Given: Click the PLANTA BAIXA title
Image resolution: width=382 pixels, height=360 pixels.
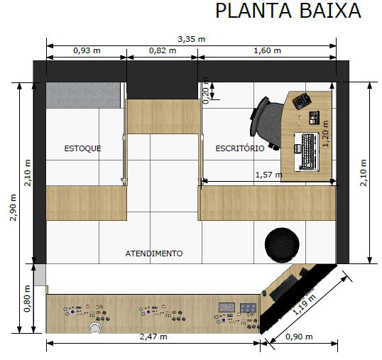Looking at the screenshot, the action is click(288, 11).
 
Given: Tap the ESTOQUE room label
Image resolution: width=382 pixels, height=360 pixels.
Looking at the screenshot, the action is click(82, 148).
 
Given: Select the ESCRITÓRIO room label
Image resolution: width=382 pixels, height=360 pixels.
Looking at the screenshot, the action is click(240, 148).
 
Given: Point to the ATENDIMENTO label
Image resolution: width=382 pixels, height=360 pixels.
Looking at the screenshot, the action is click(154, 253).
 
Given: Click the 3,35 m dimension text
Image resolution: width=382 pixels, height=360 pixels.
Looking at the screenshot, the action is click(192, 39).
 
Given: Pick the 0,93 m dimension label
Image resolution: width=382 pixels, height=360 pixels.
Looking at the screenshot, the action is click(87, 50).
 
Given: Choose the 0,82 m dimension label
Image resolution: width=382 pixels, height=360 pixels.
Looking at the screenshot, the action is click(163, 50).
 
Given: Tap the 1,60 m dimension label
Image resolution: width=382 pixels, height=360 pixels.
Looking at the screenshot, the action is click(267, 50).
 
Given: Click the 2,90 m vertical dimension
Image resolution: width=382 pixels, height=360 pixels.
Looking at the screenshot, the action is click(13, 207).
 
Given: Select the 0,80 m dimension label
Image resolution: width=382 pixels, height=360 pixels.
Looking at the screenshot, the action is click(27, 298).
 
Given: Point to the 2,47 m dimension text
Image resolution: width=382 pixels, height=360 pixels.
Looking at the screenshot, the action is click(153, 337).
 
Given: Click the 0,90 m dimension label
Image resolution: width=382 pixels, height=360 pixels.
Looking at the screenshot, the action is click(299, 337).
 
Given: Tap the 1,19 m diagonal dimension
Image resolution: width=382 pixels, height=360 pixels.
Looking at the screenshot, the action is click(304, 305).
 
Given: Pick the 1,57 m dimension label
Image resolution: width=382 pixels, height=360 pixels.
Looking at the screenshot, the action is click(269, 175).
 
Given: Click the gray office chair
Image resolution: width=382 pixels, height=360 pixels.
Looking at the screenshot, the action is click(267, 123).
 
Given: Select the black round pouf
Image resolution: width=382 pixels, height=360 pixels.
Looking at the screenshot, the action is click(282, 245).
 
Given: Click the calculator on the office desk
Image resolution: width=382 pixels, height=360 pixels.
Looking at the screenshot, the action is click(302, 101).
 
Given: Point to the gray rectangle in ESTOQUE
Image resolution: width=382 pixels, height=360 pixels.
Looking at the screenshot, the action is click(83, 95).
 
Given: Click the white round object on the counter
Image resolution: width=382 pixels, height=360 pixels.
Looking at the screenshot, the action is click(95, 327).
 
